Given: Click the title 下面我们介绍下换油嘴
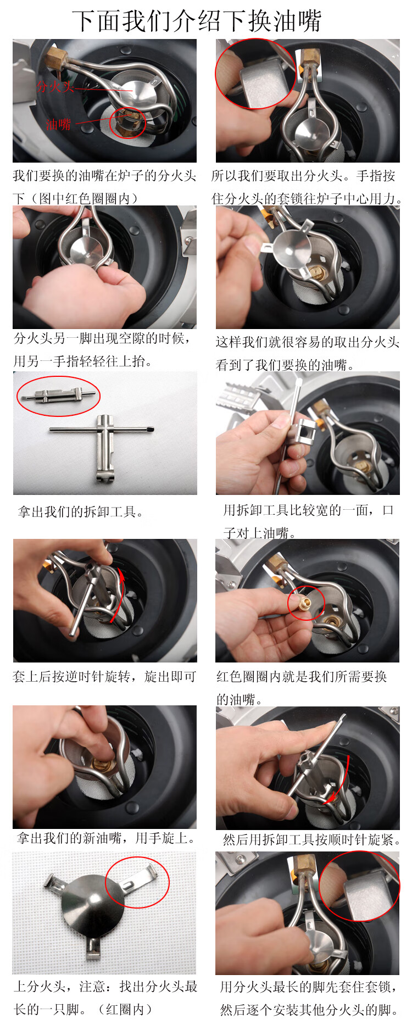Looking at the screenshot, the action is tap(196, 21).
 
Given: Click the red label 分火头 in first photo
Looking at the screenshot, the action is tap(55, 86).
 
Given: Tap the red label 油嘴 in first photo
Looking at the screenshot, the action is tap(58, 124).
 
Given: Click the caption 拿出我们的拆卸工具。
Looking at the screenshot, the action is tap(82, 512).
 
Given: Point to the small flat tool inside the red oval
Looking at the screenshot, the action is tap(58, 395).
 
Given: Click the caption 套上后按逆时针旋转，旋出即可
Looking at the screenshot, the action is tap(104, 677).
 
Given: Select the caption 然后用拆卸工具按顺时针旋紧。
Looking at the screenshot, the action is tap(312, 840).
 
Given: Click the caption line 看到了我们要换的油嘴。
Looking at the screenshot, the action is tap(285, 365).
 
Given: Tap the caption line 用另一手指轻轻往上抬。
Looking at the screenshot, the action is tap(83, 361).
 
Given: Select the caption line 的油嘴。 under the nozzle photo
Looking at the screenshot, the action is tap(240, 699).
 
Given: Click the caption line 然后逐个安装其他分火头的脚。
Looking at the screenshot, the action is tap(309, 1010).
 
